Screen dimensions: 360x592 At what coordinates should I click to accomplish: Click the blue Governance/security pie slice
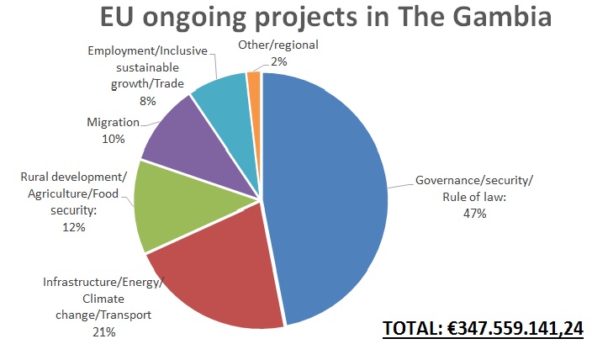(x=328, y=193)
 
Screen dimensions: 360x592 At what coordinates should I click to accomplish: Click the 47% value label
(x=473, y=213)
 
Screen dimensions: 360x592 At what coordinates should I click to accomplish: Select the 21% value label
(x=103, y=332)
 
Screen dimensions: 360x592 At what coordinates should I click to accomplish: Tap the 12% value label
(x=73, y=226)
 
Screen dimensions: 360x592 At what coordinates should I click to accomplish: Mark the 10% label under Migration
(x=113, y=138)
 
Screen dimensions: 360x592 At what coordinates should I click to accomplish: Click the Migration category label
(x=113, y=123)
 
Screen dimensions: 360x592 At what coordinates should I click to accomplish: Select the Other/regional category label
(x=277, y=45)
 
